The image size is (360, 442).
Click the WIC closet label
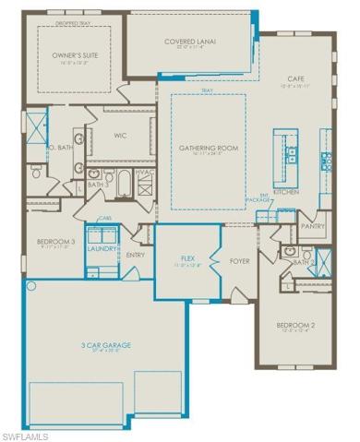[x=120, y=136]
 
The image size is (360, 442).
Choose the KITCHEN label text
[x=285, y=192]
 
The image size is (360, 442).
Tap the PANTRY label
[x=314, y=225]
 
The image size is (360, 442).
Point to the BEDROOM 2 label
[x=297, y=326]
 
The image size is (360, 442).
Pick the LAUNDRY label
[x=101, y=248]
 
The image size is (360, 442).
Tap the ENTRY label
[x=136, y=255]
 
